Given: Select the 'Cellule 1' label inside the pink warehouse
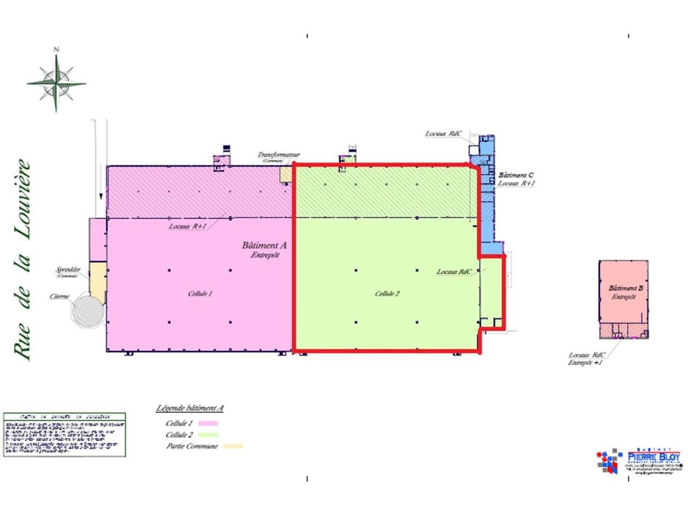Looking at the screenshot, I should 200,294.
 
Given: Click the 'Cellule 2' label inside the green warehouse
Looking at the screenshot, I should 387,294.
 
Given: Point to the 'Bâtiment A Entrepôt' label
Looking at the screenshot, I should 264,250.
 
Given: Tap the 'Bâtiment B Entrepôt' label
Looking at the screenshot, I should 623,292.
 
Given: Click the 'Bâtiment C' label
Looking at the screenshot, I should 516,175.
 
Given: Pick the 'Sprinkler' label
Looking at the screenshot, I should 68,270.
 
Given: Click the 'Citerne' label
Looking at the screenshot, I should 59,297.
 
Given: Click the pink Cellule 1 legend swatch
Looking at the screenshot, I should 208,424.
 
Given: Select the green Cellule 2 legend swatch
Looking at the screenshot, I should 208,435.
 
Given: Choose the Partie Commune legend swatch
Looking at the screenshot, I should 233,446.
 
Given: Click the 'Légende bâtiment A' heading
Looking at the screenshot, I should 190,408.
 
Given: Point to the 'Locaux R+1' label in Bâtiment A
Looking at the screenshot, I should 188,226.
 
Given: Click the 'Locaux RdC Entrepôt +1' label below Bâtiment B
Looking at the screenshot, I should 586,359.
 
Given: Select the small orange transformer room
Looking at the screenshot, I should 286,174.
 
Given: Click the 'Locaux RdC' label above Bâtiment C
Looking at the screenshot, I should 443,134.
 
